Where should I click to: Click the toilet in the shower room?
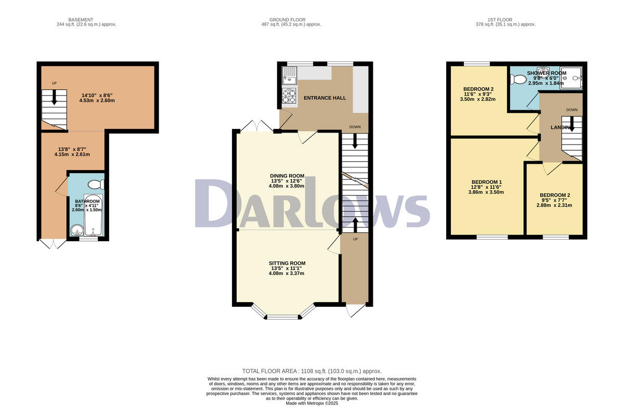point(518,80)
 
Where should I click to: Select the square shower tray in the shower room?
point(571,78)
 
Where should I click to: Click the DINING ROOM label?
point(287,176)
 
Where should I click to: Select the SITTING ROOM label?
point(287,263)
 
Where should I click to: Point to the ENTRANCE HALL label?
point(325,98)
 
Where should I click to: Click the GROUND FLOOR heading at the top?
point(291,20)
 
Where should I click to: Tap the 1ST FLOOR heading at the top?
point(506,20)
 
